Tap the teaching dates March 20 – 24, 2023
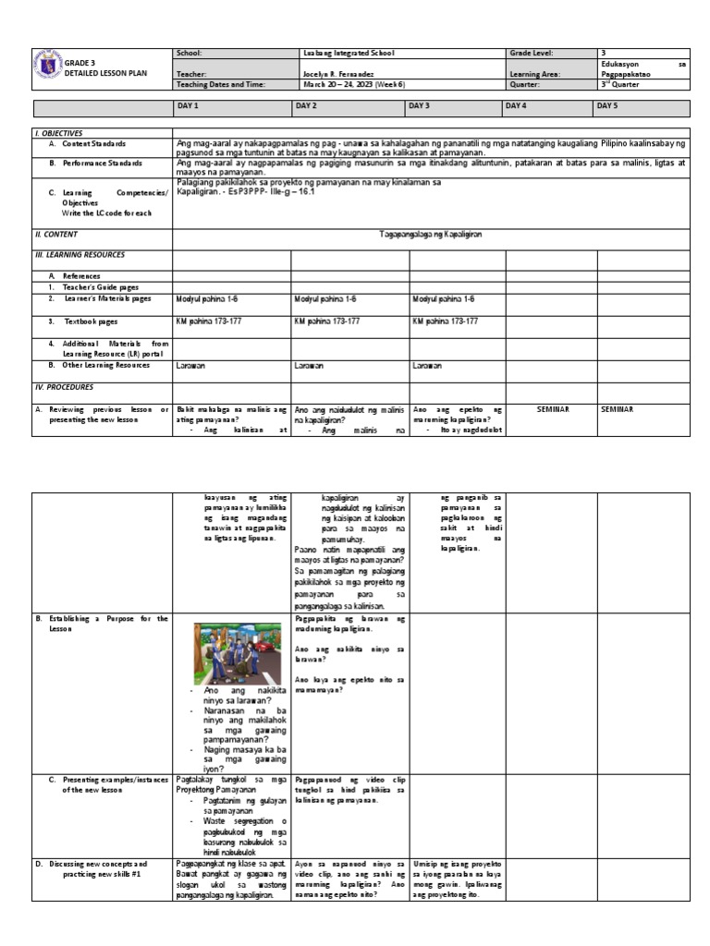(x=348, y=84)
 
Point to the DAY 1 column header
(x=188, y=106)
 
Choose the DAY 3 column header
(x=420, y=106)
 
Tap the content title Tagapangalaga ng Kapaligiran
(x=431, y=235)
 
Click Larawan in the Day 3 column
(x=427, y=366)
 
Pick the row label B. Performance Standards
(x=95, y=163)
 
